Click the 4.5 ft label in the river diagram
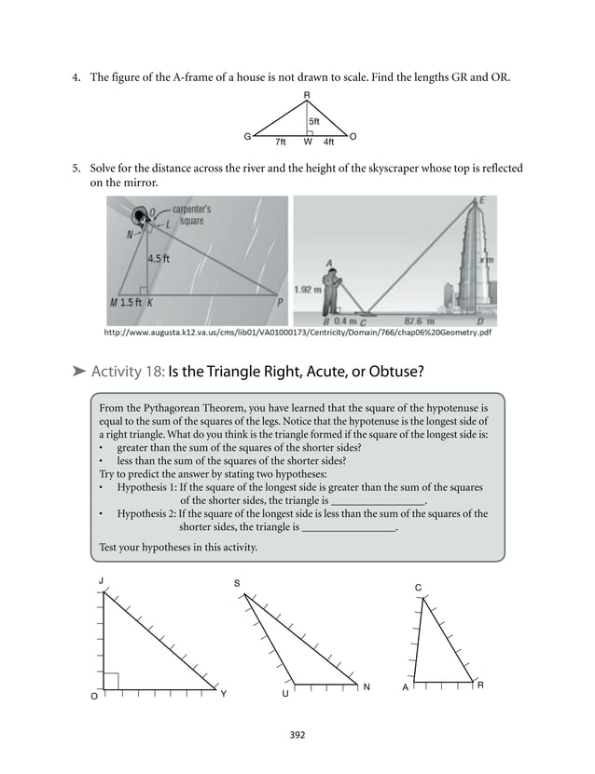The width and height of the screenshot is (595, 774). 159,260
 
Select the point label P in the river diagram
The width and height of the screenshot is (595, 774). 279,303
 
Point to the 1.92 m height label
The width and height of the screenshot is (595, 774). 306,290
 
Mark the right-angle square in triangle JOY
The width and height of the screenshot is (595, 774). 111,682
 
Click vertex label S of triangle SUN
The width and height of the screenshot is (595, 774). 237,582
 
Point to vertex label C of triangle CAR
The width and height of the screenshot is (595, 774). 418,587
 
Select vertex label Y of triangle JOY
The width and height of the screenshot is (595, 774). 223,696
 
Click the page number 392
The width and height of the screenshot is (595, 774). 297,736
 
